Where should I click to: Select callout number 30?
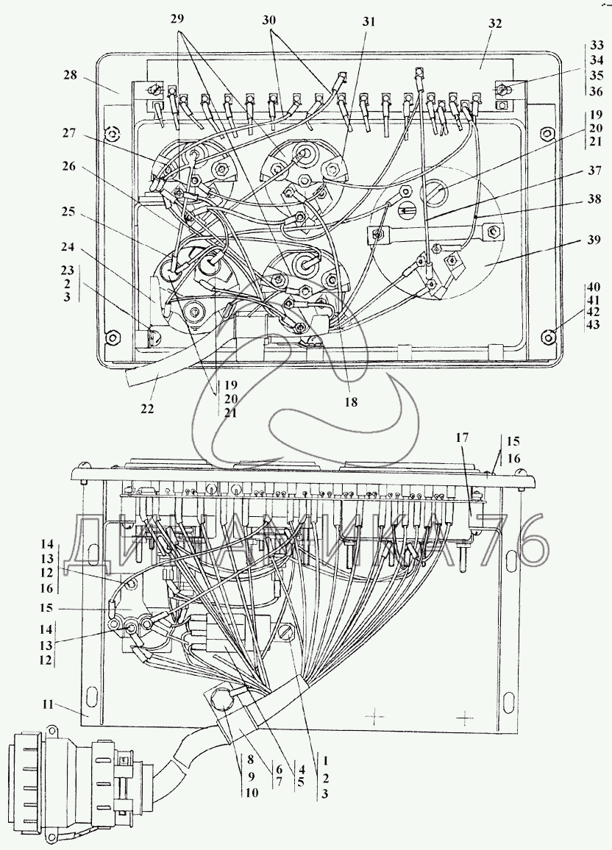coord(269,21)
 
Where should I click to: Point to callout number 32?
coord(494,24)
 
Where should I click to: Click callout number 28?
coord(70,75)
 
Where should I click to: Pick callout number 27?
coord(69,133)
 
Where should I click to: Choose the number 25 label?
coord(68,211)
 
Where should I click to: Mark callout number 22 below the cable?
coord(147,407)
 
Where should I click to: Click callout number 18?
coord(352,402)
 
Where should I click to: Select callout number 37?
coord(594,171)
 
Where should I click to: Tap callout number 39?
coord(594,239)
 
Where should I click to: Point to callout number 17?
coord(463,438)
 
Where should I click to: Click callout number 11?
coord(48,704)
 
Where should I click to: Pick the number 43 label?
coord(594,325)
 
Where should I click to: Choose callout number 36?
coord(596,92)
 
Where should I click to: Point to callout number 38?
coord(594,199)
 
